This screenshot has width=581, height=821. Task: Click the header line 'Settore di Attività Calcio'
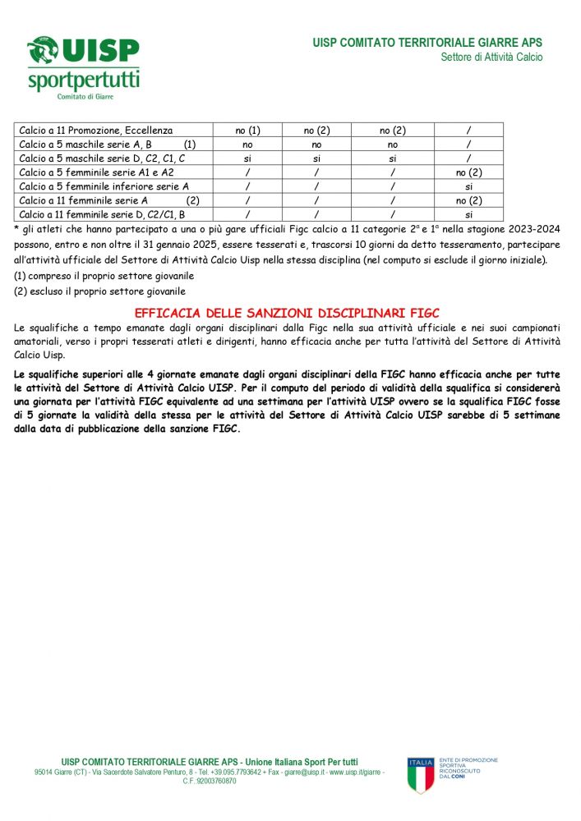click(491, 57)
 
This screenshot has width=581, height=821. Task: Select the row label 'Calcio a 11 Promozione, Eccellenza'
click(96, 131)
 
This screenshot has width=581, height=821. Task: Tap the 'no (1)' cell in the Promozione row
click(247, 131)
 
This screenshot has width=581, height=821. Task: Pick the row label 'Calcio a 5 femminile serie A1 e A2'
click(96, 172)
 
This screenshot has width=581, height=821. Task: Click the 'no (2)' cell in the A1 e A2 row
click(468, 172)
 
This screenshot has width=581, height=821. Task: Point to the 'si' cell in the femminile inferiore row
click(468, 186)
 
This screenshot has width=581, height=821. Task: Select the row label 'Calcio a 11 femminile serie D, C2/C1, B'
click(102, 214)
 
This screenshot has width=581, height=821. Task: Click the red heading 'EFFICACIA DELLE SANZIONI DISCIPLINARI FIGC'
click(287, 313)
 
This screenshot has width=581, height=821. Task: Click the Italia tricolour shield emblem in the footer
click(421, 775)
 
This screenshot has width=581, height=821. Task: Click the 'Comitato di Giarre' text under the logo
click(85, 96)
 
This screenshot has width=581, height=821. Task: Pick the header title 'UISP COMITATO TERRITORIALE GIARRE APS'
click(427, 43)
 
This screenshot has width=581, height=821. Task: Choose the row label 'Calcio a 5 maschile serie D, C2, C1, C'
click(102, 158)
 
